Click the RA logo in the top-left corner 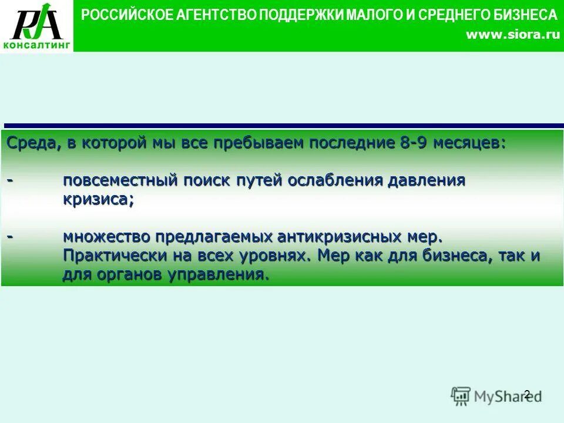point(36,22)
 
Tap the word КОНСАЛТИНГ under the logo point(36,44)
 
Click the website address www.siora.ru point(512,35)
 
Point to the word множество point(108,237)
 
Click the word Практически point(110,256)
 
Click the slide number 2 point(526,394)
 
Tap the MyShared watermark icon point(461,395)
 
